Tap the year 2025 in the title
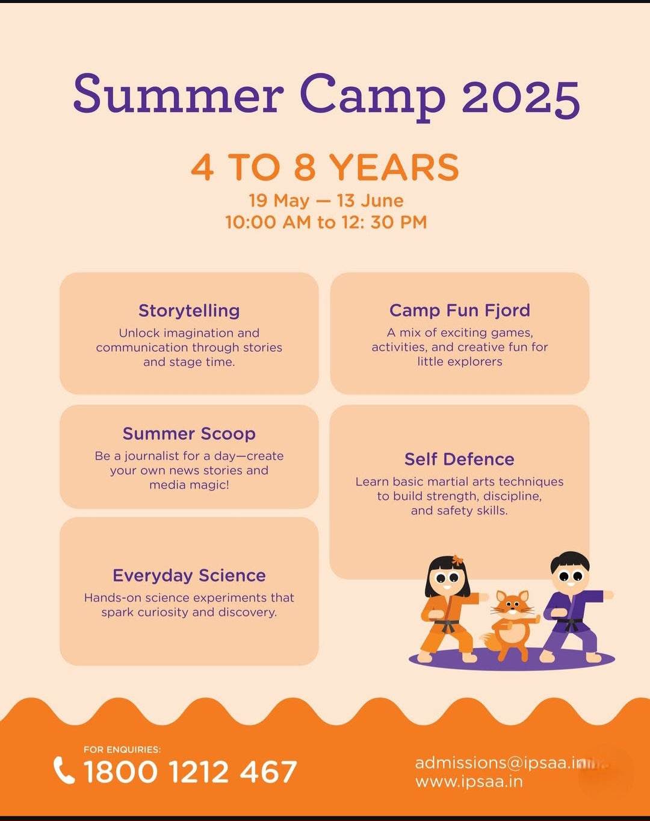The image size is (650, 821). (x=521, y=96)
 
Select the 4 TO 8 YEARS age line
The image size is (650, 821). (x=325, y=167)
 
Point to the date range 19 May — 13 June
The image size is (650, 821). (x=326, y=200)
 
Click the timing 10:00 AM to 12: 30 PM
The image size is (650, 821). (x=326, y=222)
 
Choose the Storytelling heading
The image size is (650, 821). (x=189, y=310)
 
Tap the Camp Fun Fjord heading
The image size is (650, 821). (x=460, y=310)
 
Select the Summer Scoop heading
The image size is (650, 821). (x=189, y=434)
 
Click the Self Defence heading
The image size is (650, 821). (x=459, y=459)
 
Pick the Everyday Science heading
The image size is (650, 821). (x=189, y=575)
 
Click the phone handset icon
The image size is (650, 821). (x=64, y=770)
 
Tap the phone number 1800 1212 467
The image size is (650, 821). (x=190, y=772)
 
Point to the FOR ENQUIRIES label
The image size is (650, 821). (x=122, y=749)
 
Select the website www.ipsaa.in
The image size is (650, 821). (x=469, y=782)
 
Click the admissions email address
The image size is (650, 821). (x=500, y=763)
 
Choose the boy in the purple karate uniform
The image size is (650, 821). (x=572, y=608)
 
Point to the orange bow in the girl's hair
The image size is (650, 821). (x=458, y=560)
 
